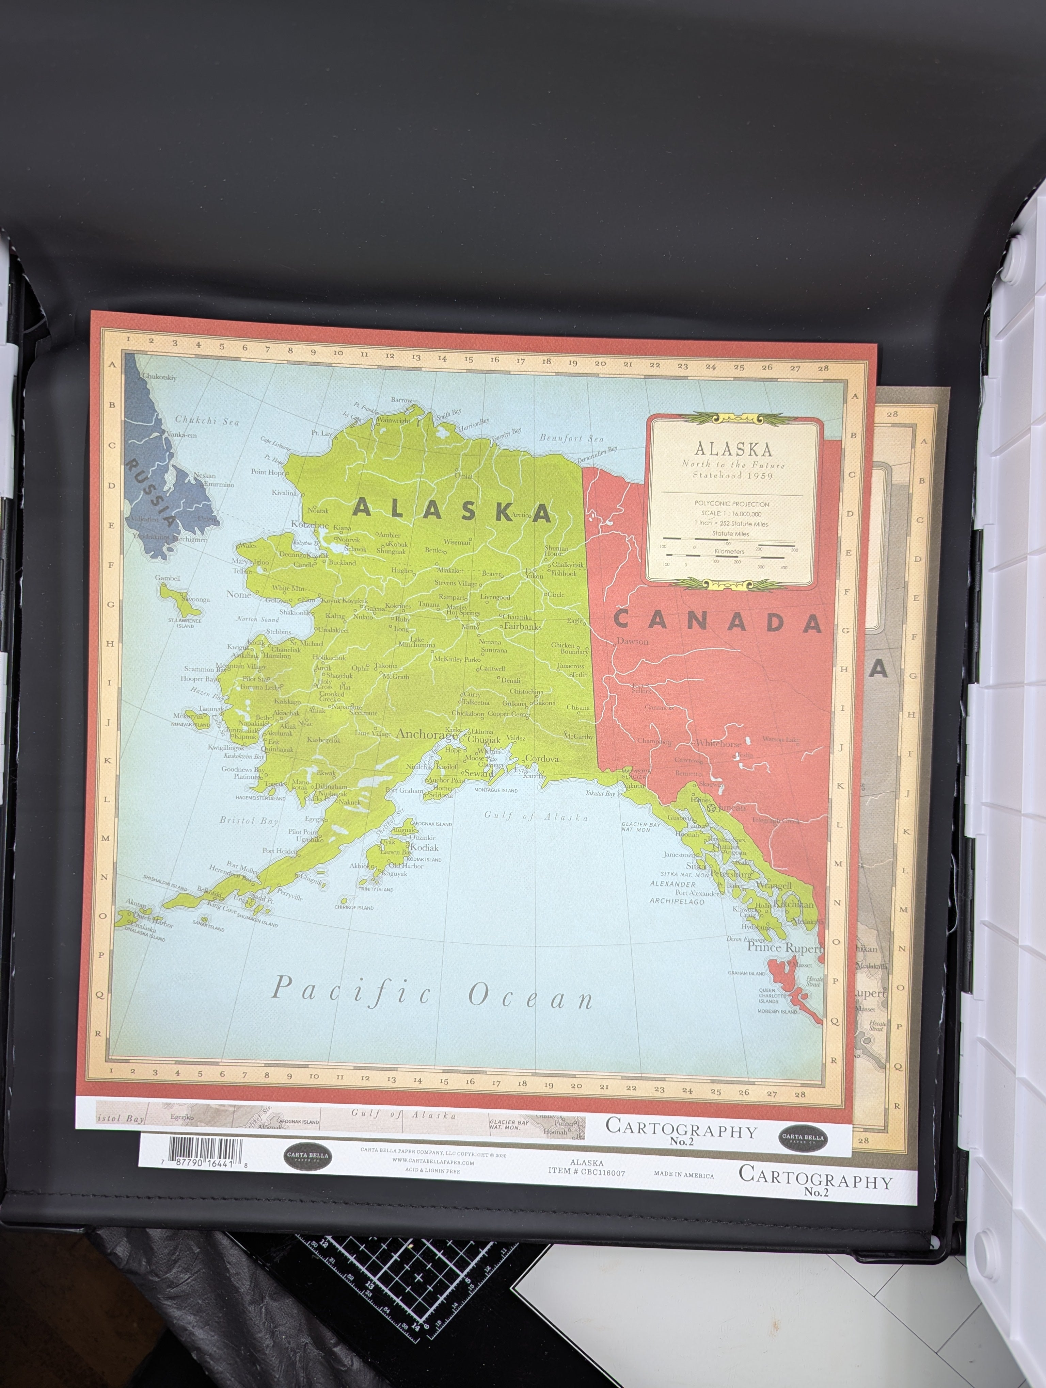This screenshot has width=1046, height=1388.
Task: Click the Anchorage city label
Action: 426,734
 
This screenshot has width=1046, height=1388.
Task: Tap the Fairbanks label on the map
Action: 522,626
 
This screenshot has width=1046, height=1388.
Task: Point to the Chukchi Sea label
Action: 207,420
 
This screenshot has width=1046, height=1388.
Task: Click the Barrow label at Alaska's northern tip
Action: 402,400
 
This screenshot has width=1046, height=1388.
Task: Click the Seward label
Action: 478,774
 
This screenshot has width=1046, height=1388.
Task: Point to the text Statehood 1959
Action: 733,476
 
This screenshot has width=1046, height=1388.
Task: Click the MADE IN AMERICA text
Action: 684,1175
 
